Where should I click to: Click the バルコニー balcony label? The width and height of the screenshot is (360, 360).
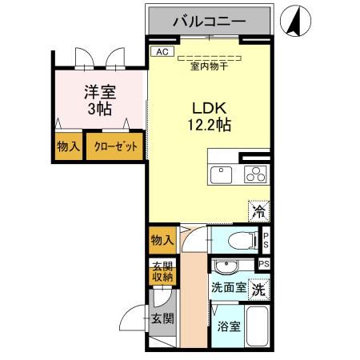[x=210, y=22]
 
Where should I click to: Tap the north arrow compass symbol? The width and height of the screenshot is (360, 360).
[x=295, y=20]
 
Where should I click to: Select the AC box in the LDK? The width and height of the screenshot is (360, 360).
[x=161, y=51]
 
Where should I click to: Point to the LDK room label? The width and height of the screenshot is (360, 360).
[x=206, y=107]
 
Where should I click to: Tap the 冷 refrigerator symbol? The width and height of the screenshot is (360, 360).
[x=259, y=212]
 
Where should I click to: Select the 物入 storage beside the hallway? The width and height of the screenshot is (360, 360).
[x=161, y=238]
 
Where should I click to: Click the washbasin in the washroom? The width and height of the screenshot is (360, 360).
[x=226, y=267]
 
